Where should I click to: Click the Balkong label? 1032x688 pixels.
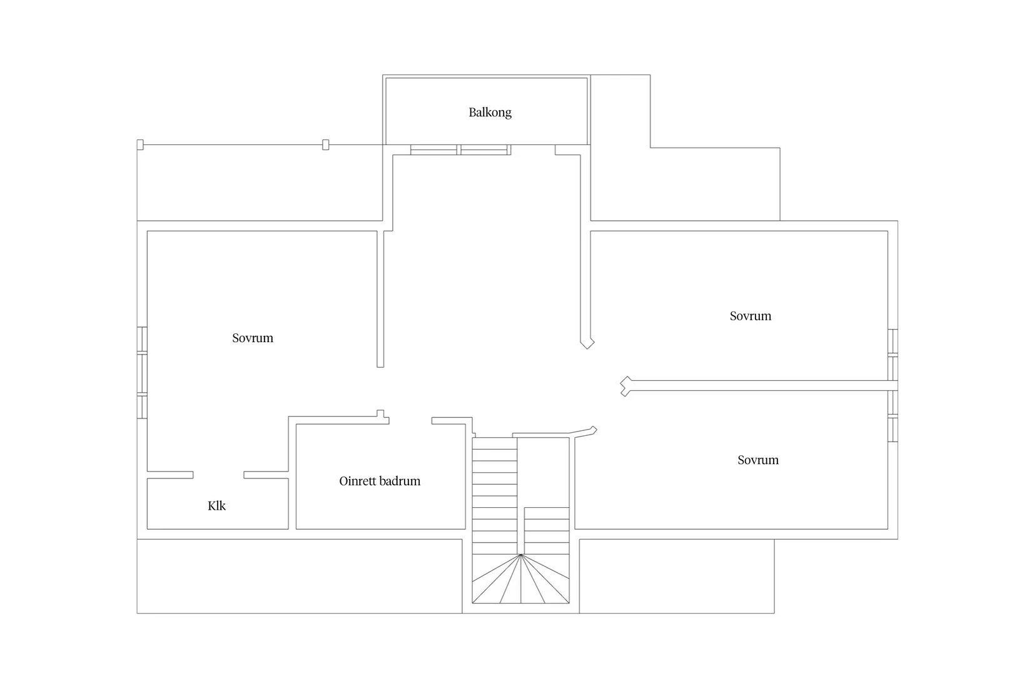coord(490,113)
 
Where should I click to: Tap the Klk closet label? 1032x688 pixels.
coord(216,505)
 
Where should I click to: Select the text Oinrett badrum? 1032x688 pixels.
coord(380,481)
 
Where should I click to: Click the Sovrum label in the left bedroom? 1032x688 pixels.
coord(253,338)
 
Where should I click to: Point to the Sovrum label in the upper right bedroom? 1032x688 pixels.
coord(750,316)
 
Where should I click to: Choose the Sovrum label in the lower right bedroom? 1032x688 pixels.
coord(758,460)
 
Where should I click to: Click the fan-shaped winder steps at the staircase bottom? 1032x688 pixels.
coord(520,579)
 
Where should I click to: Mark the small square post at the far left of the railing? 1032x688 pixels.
coord(140,144)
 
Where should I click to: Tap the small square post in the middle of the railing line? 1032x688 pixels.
coord(325,144)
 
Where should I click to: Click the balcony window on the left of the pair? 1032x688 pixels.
coord(434,149)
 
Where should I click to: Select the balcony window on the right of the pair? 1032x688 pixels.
coord(485,149)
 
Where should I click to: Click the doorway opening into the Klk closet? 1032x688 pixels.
coord(218,475)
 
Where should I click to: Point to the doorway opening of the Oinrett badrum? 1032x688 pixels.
coord(410,421)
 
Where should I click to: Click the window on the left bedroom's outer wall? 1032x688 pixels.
coord(142,373)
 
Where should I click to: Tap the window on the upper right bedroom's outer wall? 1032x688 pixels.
coord(893,355)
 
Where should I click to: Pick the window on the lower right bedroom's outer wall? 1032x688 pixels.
coord(893,417)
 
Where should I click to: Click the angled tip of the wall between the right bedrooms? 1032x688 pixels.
coord(622,386)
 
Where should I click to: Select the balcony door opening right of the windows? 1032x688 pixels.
coord(533,149)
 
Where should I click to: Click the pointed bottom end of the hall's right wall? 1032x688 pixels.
coord(587,348)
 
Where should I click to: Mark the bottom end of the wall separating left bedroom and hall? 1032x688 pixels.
coord(380,367)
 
